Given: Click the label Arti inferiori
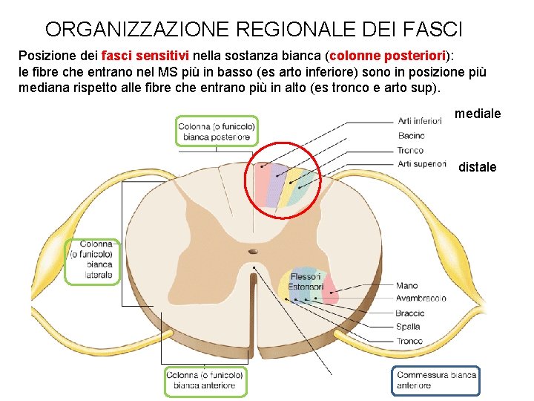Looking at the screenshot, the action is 420,121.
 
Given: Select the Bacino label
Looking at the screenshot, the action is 411,136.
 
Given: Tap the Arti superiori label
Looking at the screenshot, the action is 421,163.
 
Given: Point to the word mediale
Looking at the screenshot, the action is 477,114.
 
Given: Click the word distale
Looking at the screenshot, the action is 477,167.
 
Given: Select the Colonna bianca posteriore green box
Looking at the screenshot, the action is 217,130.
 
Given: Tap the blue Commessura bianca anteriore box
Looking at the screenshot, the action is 436,379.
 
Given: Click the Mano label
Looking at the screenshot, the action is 406,286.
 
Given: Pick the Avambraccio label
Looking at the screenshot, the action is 421,299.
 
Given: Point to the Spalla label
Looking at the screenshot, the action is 408,327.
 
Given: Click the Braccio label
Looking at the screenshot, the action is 410,313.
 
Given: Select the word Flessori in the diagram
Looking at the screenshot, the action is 306,278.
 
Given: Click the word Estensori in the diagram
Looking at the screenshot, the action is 306,287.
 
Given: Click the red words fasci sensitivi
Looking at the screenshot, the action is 145,56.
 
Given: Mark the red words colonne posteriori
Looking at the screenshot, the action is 388,56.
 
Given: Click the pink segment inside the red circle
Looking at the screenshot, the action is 262,185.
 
